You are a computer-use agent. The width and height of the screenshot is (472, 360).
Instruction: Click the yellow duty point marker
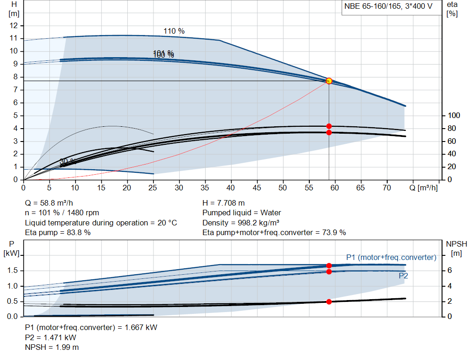click(329, 81)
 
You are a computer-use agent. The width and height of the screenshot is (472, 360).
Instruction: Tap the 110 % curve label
click(174, 31)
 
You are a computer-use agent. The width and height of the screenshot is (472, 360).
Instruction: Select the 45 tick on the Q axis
click(257, 188)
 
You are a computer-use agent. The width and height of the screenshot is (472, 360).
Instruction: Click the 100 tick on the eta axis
click(454, 115)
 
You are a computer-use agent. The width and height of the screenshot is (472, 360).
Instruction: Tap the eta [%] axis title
click(452, 9)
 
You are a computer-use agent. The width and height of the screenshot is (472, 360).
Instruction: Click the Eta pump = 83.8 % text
click(58, 232)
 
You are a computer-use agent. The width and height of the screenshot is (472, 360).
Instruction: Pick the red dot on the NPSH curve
click(329, 301)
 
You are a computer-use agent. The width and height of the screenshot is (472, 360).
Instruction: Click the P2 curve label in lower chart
click(403, 276)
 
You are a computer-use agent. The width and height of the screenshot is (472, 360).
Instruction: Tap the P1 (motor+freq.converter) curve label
click(391, 257)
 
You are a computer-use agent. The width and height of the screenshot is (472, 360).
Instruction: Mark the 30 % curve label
click(67, 161)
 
